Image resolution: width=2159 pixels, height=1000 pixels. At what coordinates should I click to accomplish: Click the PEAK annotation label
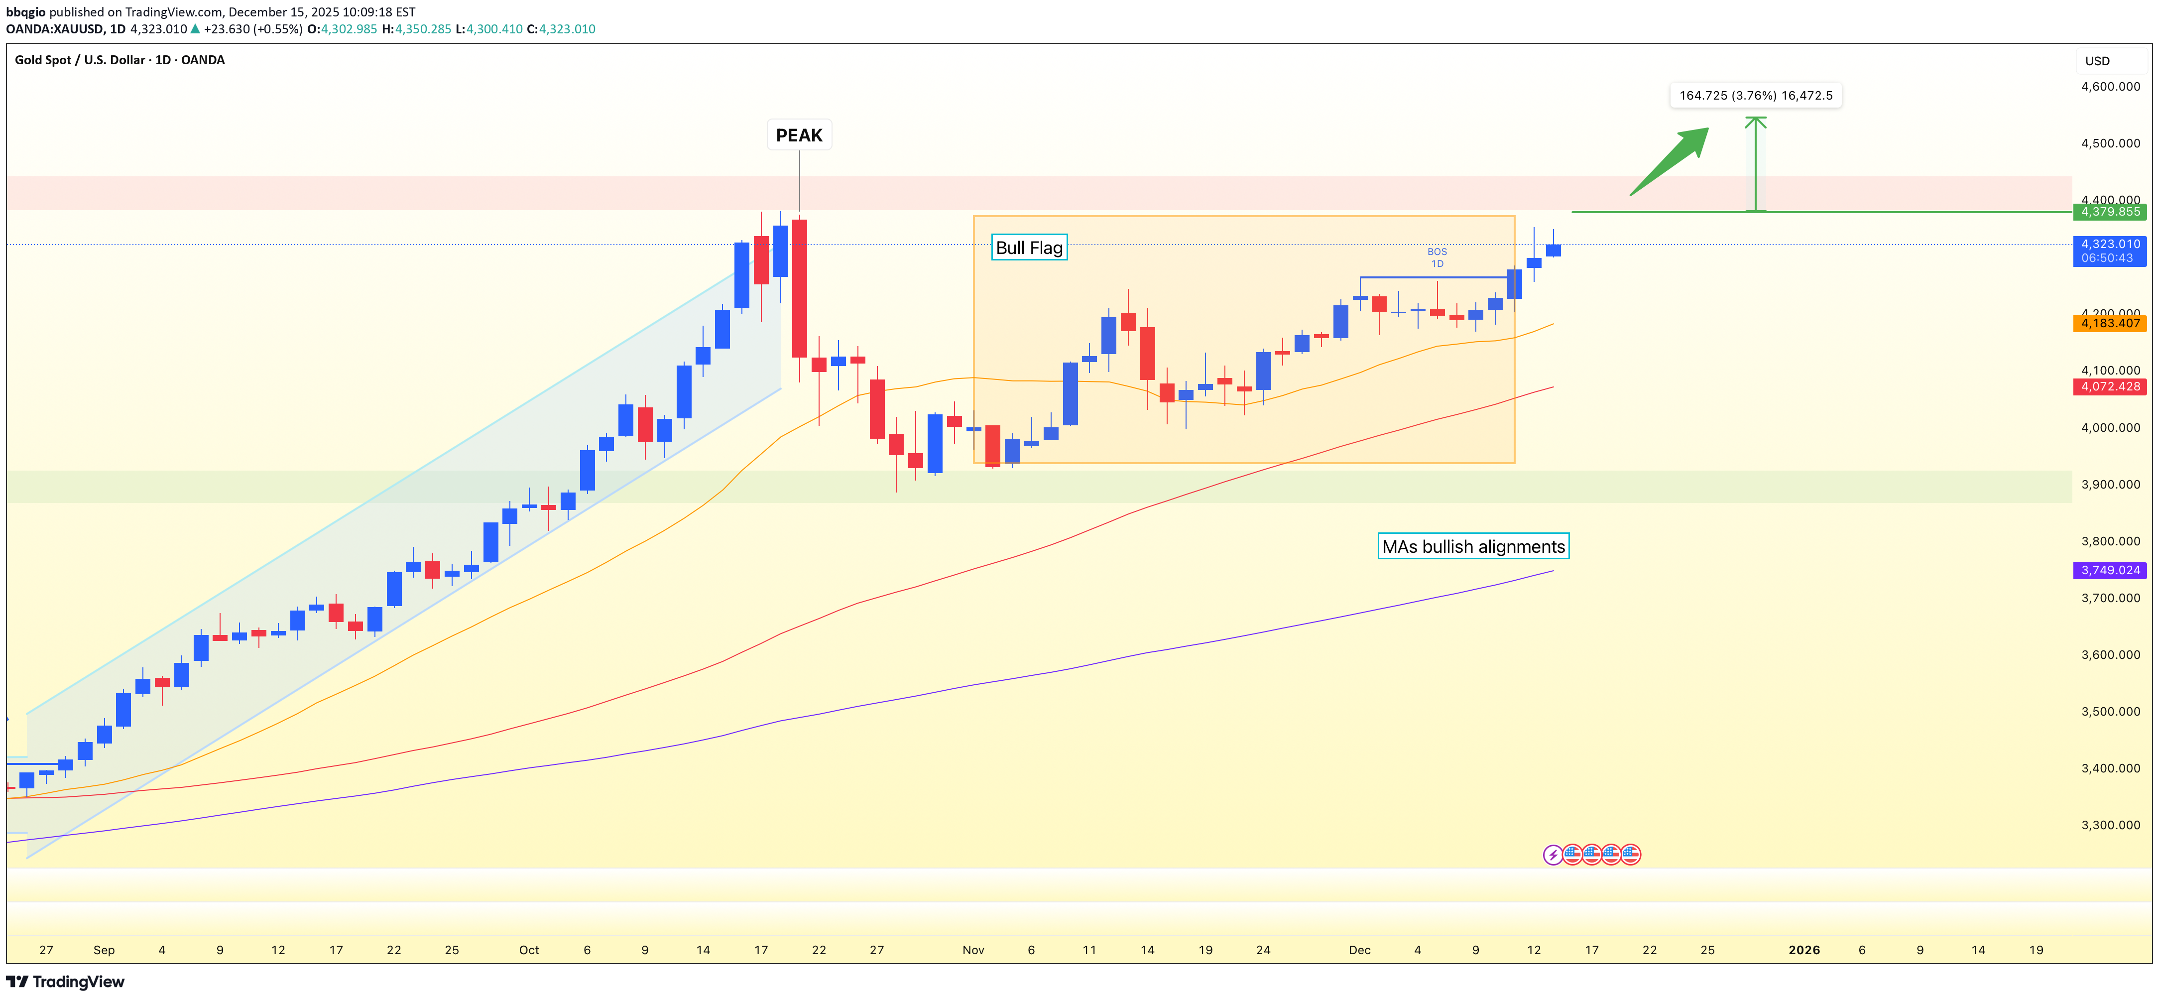[x=799, y=135]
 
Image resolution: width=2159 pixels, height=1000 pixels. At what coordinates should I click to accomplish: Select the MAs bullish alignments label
[x=1472, y=546]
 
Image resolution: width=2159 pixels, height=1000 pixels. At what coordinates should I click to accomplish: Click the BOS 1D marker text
[x=1437, y=257]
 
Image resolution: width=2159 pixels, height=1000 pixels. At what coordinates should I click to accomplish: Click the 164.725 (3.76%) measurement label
[x=1755, y=96]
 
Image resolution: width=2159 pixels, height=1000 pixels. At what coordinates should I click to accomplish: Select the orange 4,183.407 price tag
[x=2110, y=323]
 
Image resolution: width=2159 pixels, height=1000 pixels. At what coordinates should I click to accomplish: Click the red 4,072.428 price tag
[x=2110, y=386]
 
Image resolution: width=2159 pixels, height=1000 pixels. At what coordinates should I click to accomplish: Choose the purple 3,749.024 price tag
[x=2110, y=570]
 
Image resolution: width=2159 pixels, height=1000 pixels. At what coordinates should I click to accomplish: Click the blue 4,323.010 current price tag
[x=2110, y=250]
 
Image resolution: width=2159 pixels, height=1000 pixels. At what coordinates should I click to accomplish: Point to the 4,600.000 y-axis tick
[x=2110, y=86]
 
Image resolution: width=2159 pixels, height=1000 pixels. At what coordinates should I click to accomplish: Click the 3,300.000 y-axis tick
[x=2110, y=825]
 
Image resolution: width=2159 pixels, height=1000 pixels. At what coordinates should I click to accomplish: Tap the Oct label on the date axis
[x=529, y=950]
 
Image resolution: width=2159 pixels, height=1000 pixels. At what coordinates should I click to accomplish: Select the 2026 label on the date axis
[x=1803, y=950]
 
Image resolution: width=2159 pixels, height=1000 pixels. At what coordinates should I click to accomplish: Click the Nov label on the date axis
[x=973, y=950]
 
